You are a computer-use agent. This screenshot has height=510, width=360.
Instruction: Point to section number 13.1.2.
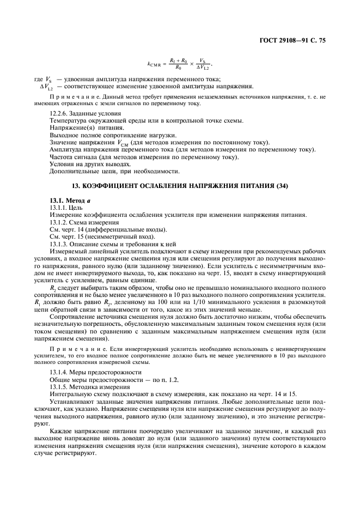click(59, 222)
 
